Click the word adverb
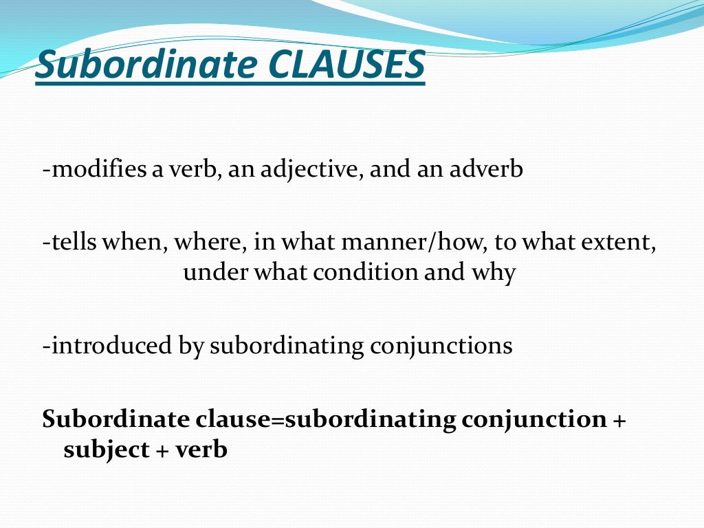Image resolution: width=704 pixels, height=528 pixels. click(x=487, y=169)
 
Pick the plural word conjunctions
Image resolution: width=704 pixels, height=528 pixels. click(x=441, y=346)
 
